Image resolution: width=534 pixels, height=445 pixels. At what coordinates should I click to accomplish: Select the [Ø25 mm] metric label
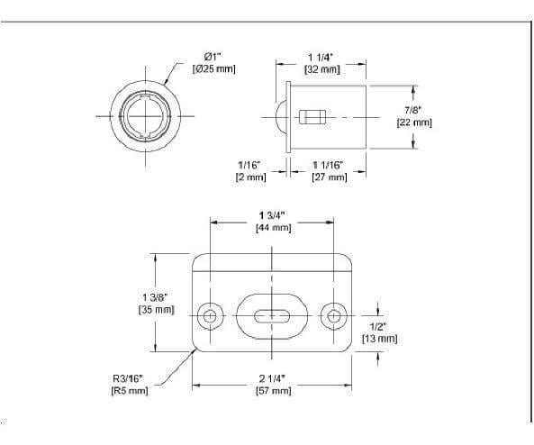[213, 69]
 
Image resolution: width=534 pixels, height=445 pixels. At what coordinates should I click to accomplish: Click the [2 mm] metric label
[250, 177]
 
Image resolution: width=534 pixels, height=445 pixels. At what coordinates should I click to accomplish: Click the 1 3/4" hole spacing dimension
[274, 215]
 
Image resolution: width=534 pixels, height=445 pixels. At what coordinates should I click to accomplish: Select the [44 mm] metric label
[274, 229]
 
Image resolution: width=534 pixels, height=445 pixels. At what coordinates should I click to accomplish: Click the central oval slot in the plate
[273, 316]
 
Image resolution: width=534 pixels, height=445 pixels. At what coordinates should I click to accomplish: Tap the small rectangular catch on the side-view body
[312, 117]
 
